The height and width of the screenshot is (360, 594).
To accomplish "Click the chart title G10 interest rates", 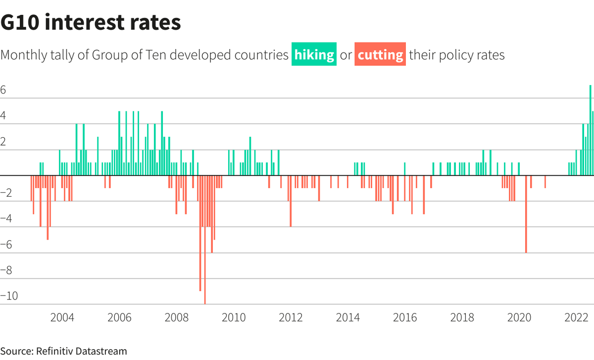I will click(x=91, y=23).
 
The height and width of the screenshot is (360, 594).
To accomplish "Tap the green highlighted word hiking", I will click(x=314, y=54).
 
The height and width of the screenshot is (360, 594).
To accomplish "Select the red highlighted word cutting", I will click(x=380, y=54).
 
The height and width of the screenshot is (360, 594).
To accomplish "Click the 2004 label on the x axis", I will click(x=62, y=317).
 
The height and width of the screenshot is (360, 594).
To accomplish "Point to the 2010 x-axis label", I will click(x=234, y=317).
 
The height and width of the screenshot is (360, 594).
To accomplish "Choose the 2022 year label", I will click(x=576, y=317).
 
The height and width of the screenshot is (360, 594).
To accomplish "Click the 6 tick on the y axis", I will click(x=3, y=91).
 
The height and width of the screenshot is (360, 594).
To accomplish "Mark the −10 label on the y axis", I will click(x=9, y=296).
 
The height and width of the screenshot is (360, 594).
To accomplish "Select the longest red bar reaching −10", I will click(x=205, y=240).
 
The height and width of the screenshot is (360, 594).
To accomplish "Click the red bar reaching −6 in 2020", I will click(x=526, y=214).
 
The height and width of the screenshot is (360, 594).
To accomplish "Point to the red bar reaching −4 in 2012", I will click(x=291, y=201).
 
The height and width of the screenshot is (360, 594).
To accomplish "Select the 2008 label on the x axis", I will click(x=177, y=317).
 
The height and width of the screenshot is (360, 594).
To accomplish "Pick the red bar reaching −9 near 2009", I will click(x=200, y=233).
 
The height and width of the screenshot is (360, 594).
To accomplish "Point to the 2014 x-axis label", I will click(x=348, y=317).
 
